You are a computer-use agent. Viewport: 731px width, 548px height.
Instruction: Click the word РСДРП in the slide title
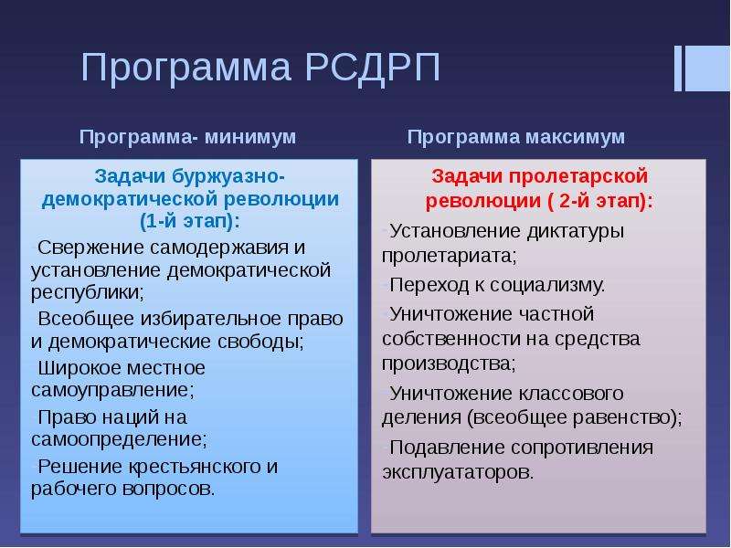[x=373, y=67]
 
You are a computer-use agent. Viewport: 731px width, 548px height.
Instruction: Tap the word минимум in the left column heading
[x=250, y=137]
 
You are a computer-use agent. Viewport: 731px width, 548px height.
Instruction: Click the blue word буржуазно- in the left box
[x=228, y=176]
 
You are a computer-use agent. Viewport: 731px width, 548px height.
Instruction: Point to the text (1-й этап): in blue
[x=190, y=221]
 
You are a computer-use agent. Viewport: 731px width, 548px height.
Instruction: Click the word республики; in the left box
[x=88, y=293]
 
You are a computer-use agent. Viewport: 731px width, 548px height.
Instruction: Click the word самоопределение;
[x=119, y=439]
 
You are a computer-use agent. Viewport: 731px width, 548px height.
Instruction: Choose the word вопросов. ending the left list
[x=168, y=489]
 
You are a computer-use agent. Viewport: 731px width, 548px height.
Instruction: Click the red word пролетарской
[x=578, y=177]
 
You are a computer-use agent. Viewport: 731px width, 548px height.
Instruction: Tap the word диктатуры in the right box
[x=575, y=232]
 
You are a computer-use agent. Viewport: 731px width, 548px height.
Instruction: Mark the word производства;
[x=449, y=364]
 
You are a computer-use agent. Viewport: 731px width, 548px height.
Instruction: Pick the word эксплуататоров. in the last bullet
[x=458, y=472]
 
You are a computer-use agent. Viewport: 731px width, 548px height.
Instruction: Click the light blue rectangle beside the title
[x=707, y=68]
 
